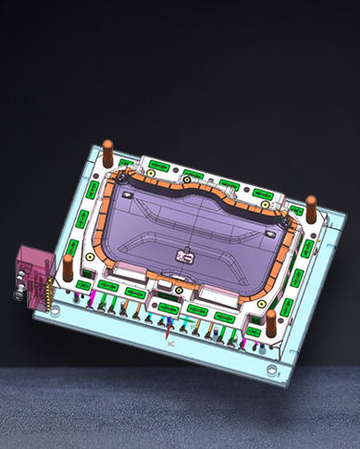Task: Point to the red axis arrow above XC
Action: pos(168,326)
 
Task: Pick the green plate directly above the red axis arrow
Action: pos(167,306)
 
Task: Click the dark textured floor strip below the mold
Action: pos(180,407)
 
